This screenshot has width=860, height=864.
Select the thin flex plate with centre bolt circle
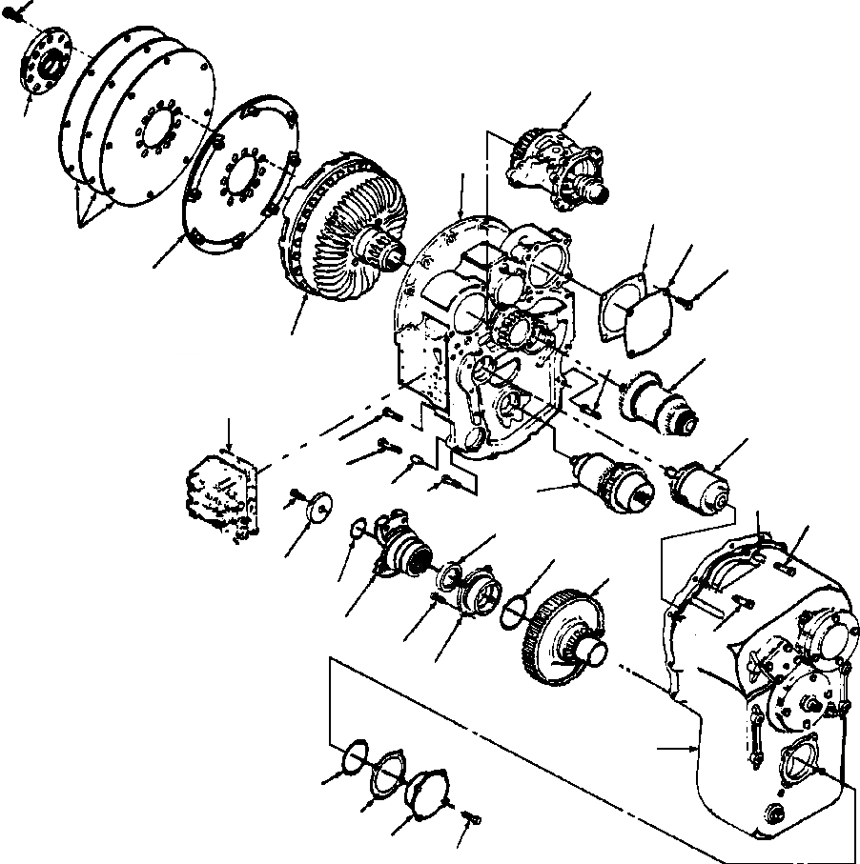click(x=238, y=177)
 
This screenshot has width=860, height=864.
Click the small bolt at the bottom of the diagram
click(x=471, y=818)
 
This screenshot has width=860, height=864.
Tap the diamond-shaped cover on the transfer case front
click(x=798, y=762)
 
